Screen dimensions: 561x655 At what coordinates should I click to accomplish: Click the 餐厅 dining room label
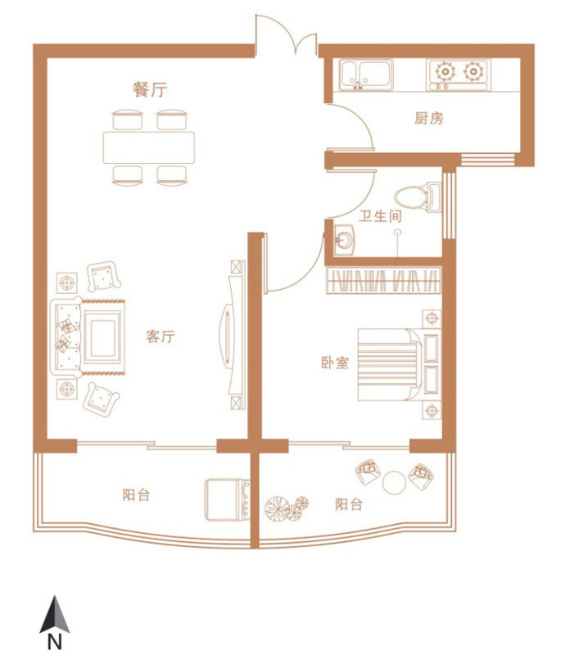click(150, 89)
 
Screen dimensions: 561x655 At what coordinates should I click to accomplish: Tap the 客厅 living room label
click(161, 337)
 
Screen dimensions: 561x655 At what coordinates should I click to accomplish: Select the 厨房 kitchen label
click(429, 119)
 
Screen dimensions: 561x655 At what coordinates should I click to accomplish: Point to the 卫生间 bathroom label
click(381, 216)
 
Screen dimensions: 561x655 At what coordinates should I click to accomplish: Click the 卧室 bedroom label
click(335, 363)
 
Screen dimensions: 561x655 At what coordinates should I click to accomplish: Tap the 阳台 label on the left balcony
click(136, 495)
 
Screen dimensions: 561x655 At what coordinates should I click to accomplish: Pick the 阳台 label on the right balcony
click(349, 504)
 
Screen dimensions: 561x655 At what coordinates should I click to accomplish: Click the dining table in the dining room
click(149, 147)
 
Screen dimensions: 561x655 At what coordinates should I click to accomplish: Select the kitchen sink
click(366, 75)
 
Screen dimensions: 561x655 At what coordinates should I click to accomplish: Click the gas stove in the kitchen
click(459, 75)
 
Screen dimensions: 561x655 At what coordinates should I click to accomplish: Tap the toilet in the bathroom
click(418, 197)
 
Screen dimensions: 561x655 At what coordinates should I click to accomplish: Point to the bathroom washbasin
click(345, 239)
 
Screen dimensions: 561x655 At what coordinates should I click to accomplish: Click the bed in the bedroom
click(400, 365)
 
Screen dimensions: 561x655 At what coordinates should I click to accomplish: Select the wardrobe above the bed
click(383, 280)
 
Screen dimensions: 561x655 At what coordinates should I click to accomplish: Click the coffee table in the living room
click(102, 337)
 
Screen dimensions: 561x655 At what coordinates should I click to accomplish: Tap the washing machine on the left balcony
click(227, 499)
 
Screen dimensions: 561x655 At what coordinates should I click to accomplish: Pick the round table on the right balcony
click(394, 482)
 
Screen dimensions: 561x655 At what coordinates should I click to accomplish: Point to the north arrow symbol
click(55, 614)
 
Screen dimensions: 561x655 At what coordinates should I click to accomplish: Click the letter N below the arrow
click(55, 642)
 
